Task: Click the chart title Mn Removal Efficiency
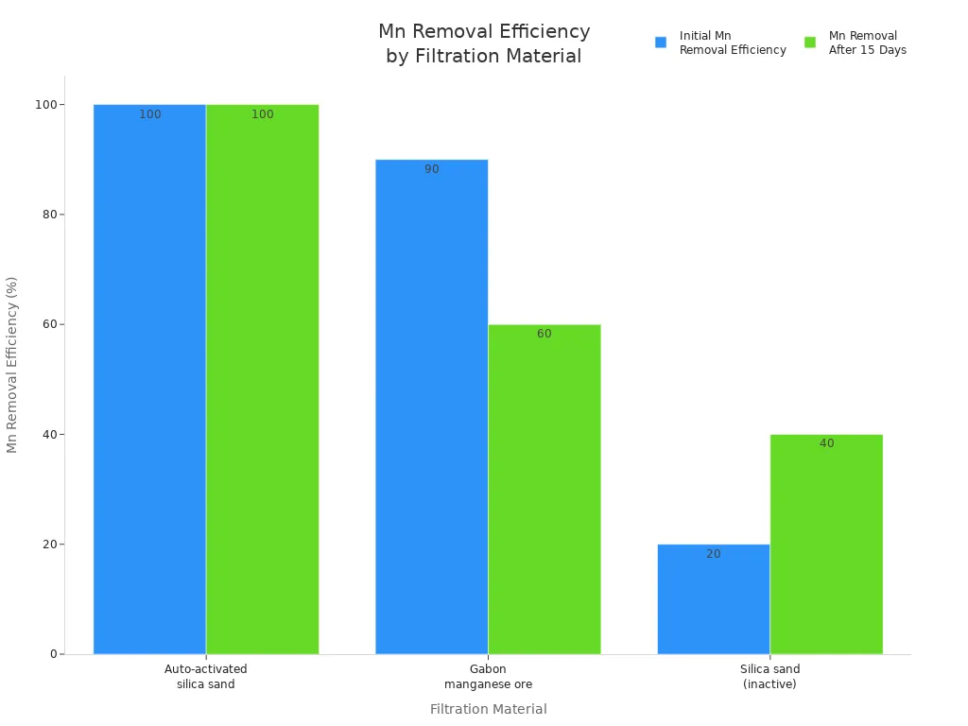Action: tap(484, 43)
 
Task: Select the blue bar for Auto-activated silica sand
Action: tap(149, 378)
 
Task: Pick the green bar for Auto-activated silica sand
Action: tap(262, 378)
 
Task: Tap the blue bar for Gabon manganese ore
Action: tap(431, 406)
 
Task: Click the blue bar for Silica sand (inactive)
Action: tap(713, 599)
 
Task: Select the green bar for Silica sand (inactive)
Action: tap(826, 544)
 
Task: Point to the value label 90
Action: tap(431, 170)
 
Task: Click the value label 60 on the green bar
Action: tap(544, 335)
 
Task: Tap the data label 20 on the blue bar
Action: tap(713, 555)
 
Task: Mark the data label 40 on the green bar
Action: tap(826, 444)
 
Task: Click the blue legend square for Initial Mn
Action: tap(661, 43)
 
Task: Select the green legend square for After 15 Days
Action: tap(810, 43)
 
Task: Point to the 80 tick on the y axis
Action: tap(49, 215)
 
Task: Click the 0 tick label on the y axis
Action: tap(54, 654)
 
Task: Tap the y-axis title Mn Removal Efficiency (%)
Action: tap(13, 364)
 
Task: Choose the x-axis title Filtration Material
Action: tap(488, 709)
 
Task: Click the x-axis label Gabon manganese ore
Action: tap(488, 677)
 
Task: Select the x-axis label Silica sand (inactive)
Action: tap(769, 677)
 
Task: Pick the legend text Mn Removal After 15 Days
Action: tap(867, 43)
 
